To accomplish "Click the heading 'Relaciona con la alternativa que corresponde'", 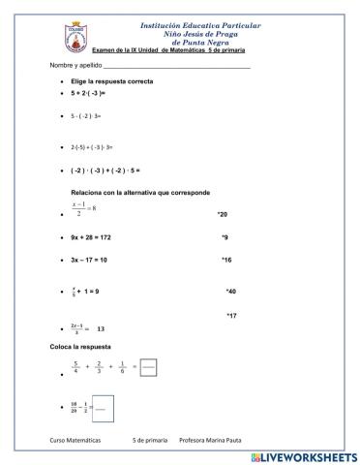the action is (x=139, y=192).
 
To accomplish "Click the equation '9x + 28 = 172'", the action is (x=98, y=237).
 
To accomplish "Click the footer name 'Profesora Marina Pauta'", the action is (x=211, y=442).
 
